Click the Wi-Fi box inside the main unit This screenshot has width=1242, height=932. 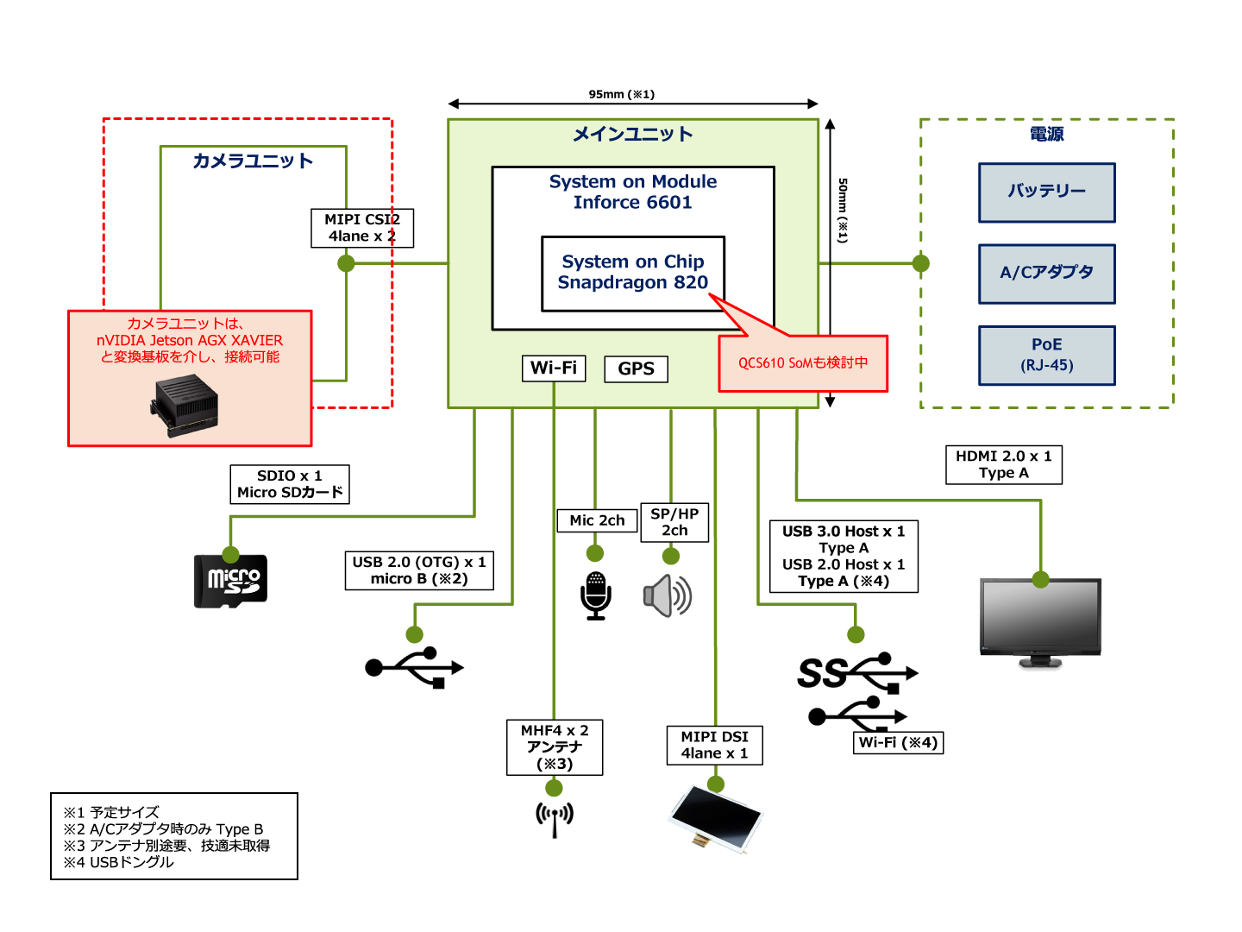click(x=554, y=368)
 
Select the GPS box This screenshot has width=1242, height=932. click(x=636, y=368)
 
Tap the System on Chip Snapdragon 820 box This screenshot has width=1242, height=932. click(x=633, y=273)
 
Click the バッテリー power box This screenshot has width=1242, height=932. click(x=1046, y=192)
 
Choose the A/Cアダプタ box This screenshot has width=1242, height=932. click(x=1046, y=274)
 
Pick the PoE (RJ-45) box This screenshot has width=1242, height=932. click(x=1046, y=355)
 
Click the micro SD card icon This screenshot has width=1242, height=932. click(x=230, y=581)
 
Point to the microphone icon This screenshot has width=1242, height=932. click(x=596, y=595)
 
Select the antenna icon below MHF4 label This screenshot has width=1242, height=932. click(x=555, y=817)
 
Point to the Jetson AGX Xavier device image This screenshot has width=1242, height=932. click(x=186, y=405)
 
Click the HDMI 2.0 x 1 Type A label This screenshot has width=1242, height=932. click(x=1004, y=464)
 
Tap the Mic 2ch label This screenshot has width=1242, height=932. click(x=597, y=520)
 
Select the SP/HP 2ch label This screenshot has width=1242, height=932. click(x=674, y=522)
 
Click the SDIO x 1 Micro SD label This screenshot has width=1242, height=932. click(x=290, y=484)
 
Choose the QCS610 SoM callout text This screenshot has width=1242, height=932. click(x=803, y=363)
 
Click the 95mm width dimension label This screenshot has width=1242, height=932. click(x=622, y=94)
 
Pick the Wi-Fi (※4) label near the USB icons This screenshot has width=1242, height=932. click(x=898, y=742)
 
